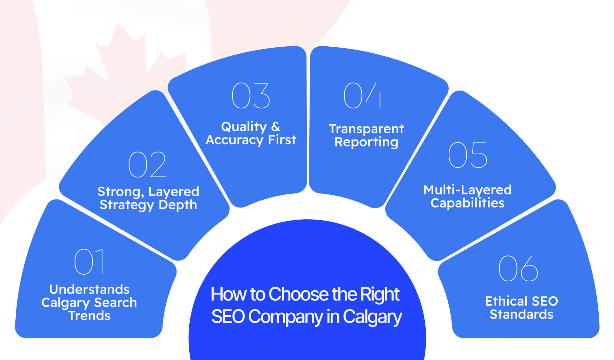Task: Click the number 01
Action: tap(89, 262)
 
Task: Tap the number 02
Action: tap(147, 165)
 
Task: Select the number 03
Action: tap(251, 96)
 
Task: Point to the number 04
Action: tap(363, 96)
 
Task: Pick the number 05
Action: tap(468, 155)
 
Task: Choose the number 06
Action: tap(518, 269)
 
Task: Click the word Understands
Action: tap(89, 289)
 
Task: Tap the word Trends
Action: tap(89, 316)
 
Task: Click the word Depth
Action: tap(178, 205)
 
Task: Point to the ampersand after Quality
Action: tap(276, 127)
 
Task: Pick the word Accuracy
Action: tap(234, 140)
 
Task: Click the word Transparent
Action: tap(366, 129)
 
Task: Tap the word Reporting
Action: tap(366, 142)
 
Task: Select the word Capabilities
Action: tap(468, 203)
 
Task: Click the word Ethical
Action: tap(506, 301)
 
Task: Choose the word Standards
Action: tap(522, 315)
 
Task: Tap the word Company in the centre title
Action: tap(285, 317)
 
